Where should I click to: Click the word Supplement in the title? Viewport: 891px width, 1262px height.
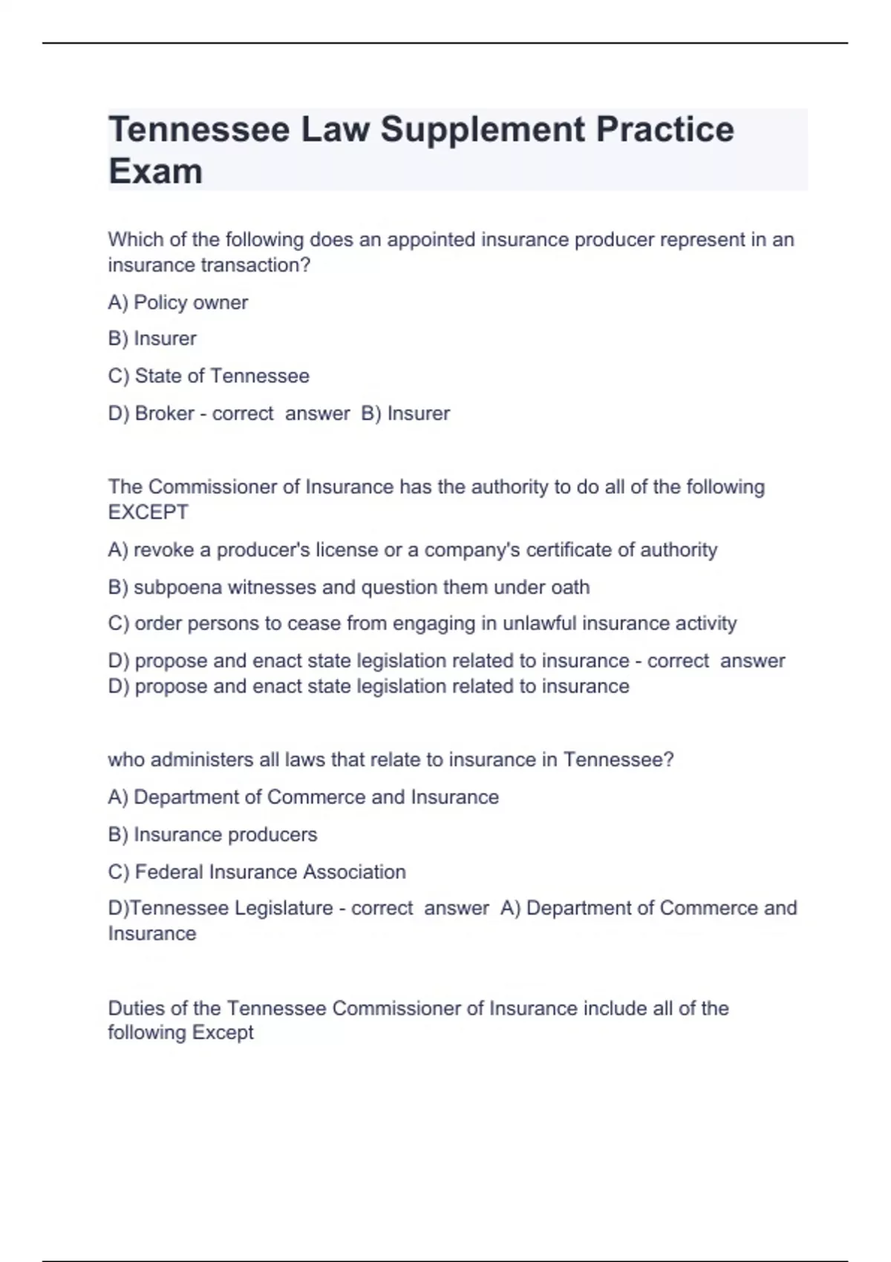[483, 130]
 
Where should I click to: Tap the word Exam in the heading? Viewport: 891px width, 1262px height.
[155, 171]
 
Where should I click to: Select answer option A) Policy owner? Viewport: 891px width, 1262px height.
[177, 303]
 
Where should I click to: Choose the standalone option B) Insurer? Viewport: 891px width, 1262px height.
[152, 339]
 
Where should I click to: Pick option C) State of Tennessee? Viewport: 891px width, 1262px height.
[209, 376]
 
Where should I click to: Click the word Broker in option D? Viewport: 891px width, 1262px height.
[164, 413]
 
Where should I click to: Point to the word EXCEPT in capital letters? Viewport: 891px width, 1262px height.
[148, 512]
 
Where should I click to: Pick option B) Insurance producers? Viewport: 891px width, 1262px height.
[212, 834]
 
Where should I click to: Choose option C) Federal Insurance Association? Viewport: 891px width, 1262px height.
[257, 872]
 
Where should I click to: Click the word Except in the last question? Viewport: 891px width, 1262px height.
[223, 1033]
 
